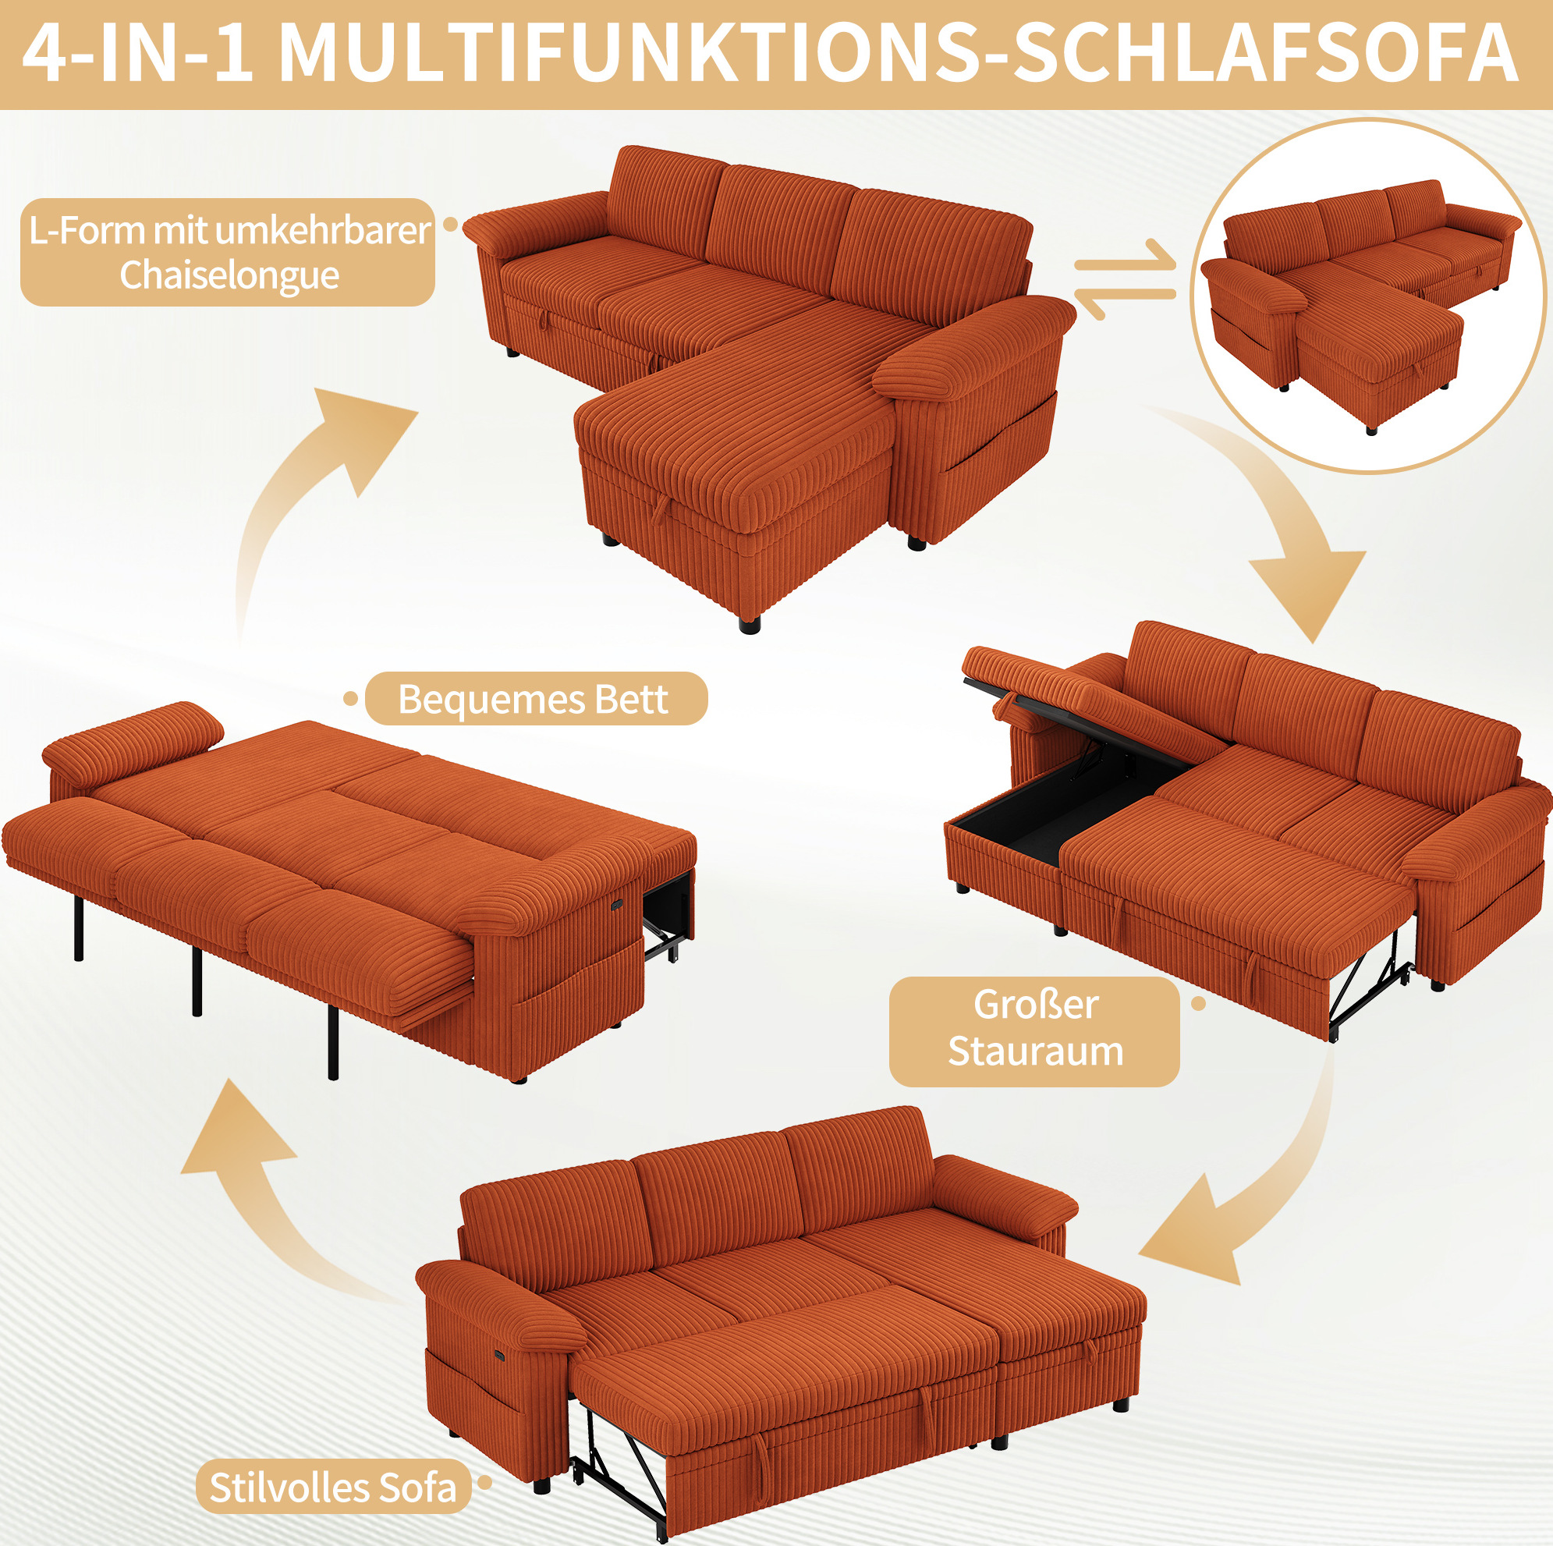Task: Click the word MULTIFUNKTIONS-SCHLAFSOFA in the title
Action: (x=898, y=52)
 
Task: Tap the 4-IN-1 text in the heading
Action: (x=137, y=52)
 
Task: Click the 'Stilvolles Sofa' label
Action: (x=333, y=1487)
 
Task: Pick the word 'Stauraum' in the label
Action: (x=1035, y=1051)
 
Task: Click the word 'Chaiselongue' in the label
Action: (x=229, y=275)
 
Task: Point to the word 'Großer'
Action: (x=1035, y=1004)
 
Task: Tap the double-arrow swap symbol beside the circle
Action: (x=1125, y=278)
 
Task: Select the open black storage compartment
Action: (x=1053, y=804)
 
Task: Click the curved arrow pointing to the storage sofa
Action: (x=1278, y=515)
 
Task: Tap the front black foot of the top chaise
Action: (x=749, y=623)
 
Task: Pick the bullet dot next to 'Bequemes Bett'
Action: (x=350, y=699)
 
